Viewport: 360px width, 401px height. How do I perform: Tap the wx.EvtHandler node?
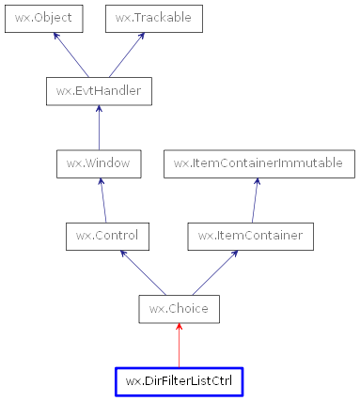tap(99, 91)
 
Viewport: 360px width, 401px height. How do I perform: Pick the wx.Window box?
tap(98, 163)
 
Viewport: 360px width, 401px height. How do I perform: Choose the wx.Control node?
tap(102, 236)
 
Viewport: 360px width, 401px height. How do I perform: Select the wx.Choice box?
tap(179, 308)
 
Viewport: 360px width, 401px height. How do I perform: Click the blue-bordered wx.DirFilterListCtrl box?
tap(179, 381)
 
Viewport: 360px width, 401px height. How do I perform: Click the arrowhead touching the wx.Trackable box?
tap(141, 37)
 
